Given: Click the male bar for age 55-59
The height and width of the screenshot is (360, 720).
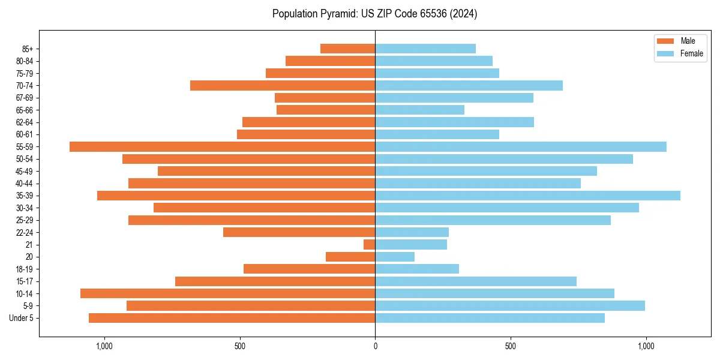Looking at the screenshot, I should click(222, 146).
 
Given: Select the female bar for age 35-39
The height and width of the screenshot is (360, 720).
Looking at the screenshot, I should click(527, 196).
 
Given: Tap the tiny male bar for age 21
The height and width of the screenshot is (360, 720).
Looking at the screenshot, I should click(369, 245).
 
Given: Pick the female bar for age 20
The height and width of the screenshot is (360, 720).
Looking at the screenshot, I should click(395, 257).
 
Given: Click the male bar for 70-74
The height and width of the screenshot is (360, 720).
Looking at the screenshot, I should click(283, 85).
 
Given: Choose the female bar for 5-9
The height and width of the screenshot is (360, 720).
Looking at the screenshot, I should click(510, 306).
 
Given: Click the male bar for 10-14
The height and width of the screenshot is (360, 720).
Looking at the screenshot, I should click(227, 293).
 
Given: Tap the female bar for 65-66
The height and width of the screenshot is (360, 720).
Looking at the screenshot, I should click(419, 110).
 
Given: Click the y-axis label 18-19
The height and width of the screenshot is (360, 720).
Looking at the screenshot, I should click(25, 269).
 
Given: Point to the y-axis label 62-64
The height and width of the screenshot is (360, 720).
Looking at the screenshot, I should click(25, 122).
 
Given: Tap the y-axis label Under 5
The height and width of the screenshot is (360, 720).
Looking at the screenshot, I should click(22, 318).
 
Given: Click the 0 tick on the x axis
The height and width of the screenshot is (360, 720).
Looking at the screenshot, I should click(375, 346).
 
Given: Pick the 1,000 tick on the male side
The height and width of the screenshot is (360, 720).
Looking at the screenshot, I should click(104, 346).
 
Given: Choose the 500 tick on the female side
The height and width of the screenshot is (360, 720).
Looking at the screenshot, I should click(511, 346).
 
